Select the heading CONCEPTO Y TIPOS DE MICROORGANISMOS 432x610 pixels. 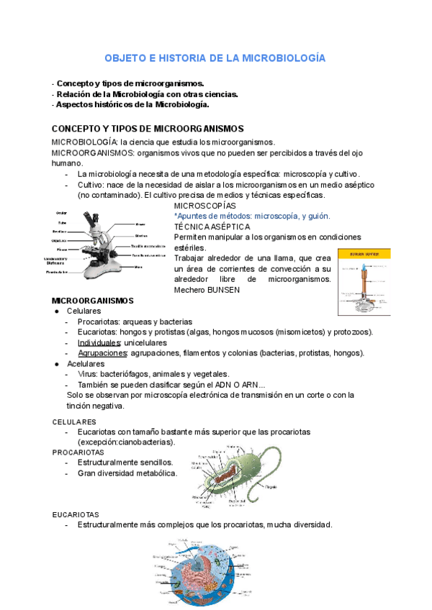click(148, 128)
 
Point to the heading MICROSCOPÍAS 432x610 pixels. click(205, 205)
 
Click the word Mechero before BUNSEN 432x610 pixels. click(190, 290)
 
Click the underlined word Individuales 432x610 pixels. click(99, 342)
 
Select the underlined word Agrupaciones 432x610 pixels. click(103, 352)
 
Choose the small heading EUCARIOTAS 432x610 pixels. click(75, 515)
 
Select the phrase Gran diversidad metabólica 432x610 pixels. click(127, 473)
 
